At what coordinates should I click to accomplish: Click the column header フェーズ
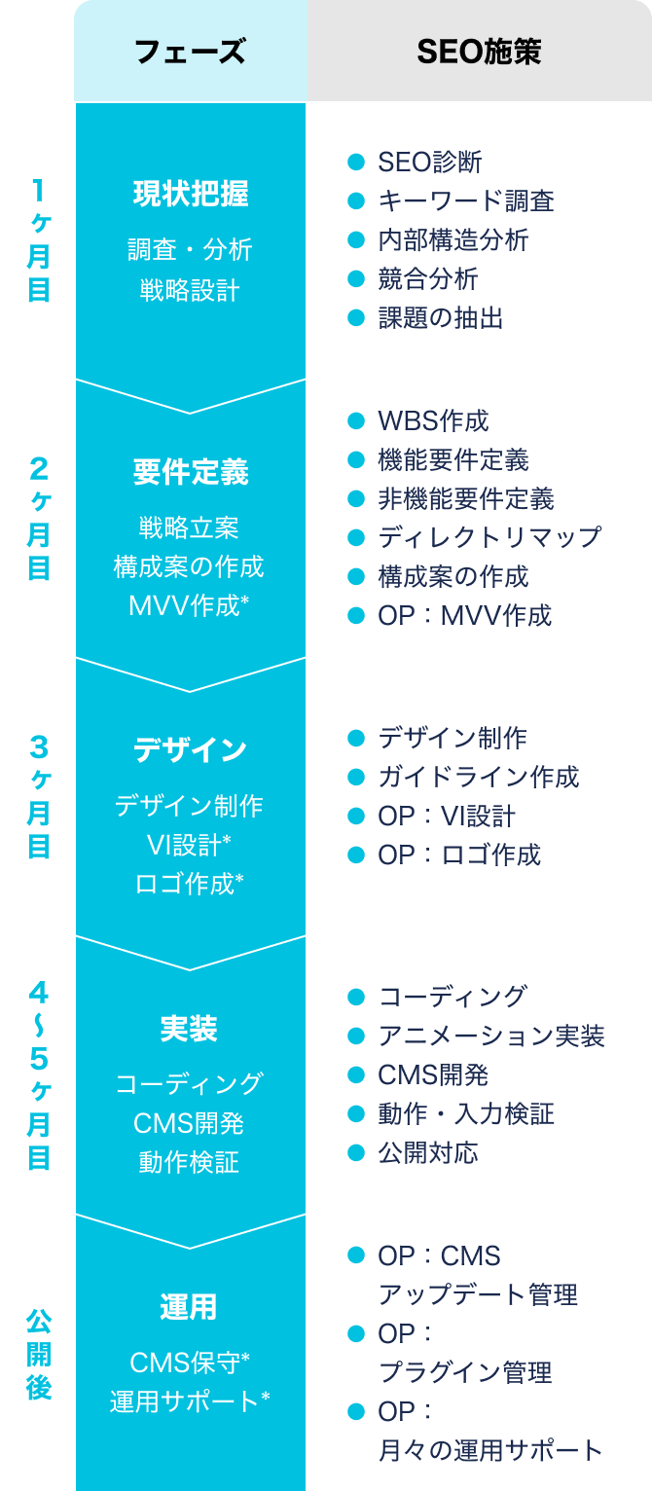coord(190,52)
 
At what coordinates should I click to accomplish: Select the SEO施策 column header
coord(479,52)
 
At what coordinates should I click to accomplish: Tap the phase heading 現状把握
coord(190,195)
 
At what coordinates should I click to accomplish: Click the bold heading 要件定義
coord(190,472)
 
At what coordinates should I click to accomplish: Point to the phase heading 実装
coord(190,1029)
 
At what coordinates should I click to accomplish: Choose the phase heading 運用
coord(190,1307)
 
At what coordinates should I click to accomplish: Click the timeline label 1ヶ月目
coord(39,239)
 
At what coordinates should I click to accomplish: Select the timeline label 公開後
coord(39,1353)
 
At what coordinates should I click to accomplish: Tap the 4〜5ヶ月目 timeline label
coord(39,1074)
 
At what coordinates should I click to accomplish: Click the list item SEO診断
coord(429,162)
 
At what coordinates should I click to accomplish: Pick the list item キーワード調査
coord(465,200)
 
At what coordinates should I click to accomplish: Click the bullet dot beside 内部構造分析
coord(355,239)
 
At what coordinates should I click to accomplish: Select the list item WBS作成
coord(433,420)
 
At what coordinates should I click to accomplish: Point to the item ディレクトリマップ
coord(489,537)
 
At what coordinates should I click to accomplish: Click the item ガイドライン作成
coord(478,777)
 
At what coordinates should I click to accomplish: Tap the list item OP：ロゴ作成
coord(458,855)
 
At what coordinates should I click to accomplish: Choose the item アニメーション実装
coord(490,1036)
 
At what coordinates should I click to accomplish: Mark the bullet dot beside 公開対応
coord(355,1152)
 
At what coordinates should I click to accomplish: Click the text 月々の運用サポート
coord(490,1450)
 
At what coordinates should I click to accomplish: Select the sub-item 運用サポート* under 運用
coord(190,1401)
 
